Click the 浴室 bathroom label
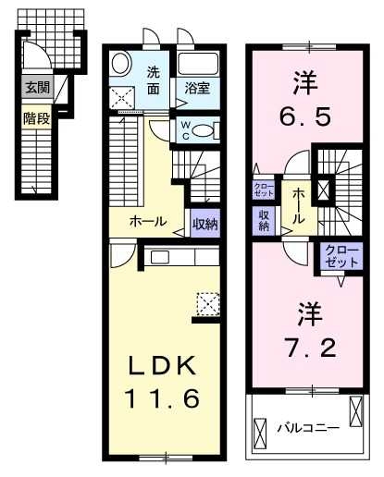pos(195,90)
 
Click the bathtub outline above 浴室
pos(198,66)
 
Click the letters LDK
pos(164,365)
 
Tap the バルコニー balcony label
pos(308,428)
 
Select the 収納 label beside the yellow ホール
pos(204,222)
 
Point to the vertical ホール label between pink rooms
pos(301,205)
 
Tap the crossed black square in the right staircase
pos(323,190)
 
